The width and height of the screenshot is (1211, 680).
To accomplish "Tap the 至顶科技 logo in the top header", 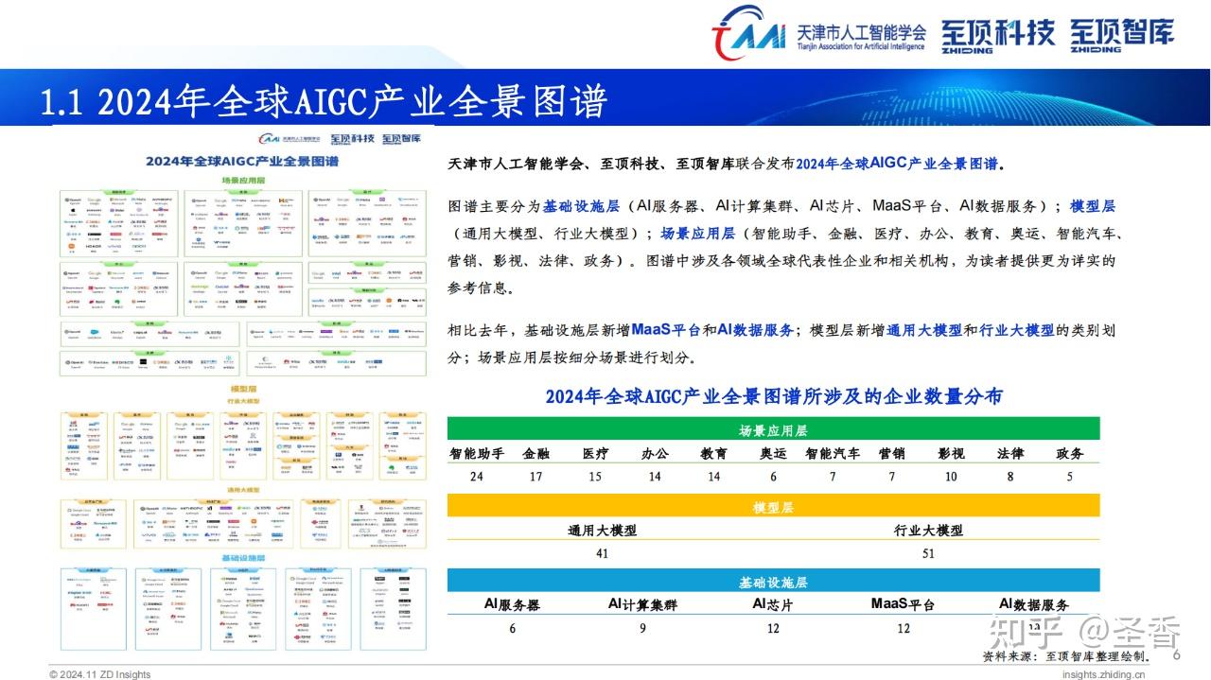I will click(998, 35).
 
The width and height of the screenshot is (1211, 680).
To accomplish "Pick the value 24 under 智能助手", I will click(476, 476).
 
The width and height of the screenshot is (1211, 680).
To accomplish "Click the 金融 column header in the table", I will click(535, 453).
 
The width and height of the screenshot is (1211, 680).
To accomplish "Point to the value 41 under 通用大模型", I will click(602, 553).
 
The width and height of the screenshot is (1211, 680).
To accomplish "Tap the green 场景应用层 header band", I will click(773, 430).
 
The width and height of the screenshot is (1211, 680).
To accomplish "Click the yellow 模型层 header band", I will click(773, 507).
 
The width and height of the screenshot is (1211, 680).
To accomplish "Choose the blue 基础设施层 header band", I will click(773, 583).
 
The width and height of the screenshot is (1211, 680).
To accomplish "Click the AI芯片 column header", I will click(773, 604).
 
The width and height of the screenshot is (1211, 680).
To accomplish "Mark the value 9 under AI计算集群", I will click(641, 628).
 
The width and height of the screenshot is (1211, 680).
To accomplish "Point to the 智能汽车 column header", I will click(833, 453).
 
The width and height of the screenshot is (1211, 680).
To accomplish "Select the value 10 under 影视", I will click(951, 476).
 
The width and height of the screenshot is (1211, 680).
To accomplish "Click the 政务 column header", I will click(1070, 453).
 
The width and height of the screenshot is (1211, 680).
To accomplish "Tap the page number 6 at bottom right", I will click(1177, 655).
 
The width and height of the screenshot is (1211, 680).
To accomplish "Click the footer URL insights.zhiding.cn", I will click(1104, 674).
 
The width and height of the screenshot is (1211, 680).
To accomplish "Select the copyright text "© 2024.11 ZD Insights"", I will click(100, 674).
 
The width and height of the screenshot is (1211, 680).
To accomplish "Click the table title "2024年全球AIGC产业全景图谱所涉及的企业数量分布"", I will click(773, 396).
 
